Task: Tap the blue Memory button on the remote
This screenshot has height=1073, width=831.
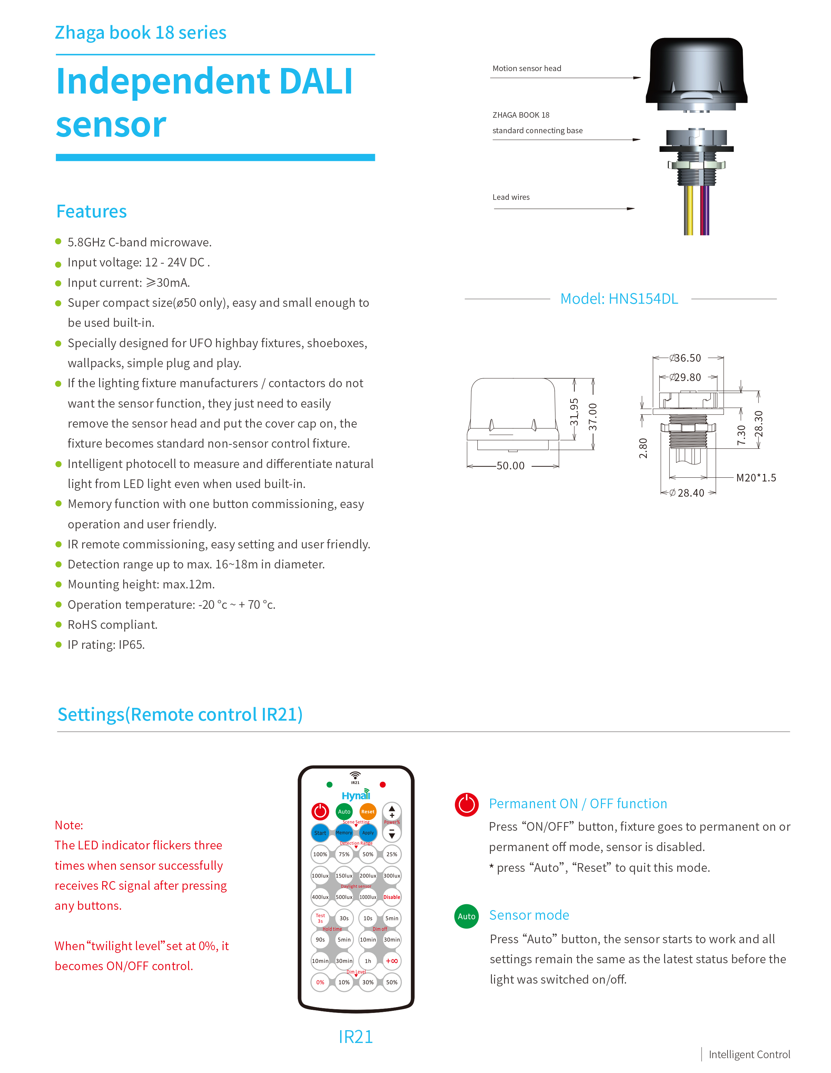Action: click(344, 833)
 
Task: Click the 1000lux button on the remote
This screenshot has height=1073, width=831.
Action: click(368, 897)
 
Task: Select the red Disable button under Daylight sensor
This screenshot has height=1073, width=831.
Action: click(392, 897)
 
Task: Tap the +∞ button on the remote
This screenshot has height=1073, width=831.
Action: click(392, 961)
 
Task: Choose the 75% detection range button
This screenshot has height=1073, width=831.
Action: click(344, 855)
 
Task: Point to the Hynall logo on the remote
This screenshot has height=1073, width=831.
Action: click(356, 796)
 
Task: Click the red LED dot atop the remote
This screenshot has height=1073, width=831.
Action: click(383, 784)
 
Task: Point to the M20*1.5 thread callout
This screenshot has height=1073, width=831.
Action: click(756, 478)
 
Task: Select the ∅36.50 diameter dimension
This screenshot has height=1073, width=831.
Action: click(686, 358)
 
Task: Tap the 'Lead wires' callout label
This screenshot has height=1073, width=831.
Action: click(511, 197)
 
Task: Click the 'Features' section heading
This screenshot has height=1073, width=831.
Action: click(91, 212)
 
